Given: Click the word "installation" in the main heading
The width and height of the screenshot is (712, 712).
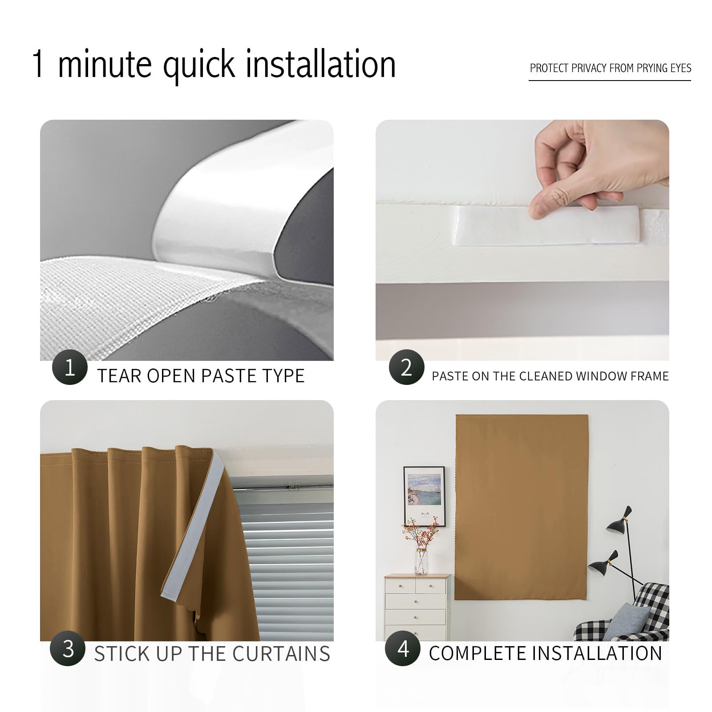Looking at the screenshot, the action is pyautogui.click(x=320, y=65).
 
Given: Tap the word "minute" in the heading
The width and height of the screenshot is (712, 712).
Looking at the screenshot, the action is pyautogui.click(x=105, y=65).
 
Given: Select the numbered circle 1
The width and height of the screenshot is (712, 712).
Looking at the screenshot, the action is pyautogui.click(x=69, y=367).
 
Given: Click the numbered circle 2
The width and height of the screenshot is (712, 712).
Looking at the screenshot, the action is pyautogui.click(x=406, y=367).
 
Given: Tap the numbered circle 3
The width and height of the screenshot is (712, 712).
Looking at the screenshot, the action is pyautogui.click(x=68, y=648).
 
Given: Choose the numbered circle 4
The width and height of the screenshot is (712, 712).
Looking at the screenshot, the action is pyautogui.click(x=403, y=648).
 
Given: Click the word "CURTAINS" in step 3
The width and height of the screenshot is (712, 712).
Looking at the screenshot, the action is pyautogui.click(x=281, y=654).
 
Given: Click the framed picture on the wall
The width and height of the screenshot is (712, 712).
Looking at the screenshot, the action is pyautogui.click(x=424, y=496).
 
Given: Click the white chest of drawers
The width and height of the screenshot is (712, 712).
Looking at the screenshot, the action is pyautogui.click(x=417, y=607).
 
